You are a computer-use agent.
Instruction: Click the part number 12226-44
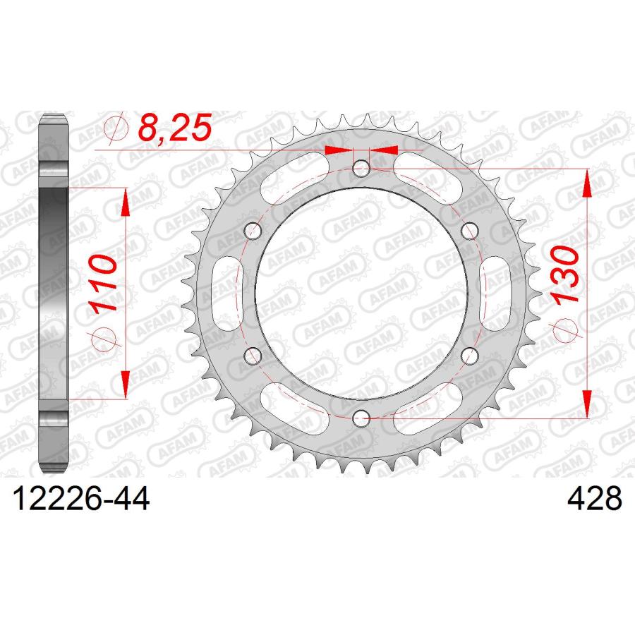[81, 499]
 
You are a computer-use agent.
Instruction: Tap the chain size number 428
[594, 499]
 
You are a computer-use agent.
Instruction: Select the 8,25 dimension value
[175, 127]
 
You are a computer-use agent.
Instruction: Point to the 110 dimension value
[104, 283]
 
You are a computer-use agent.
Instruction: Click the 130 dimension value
[565, 274]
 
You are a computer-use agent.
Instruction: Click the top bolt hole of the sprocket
[361, 169]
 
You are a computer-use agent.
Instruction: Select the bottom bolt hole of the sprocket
[361, 418]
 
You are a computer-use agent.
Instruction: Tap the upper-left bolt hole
[253, 231]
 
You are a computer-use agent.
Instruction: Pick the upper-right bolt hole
[470, 231]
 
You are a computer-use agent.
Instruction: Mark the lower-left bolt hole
[253, 356]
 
